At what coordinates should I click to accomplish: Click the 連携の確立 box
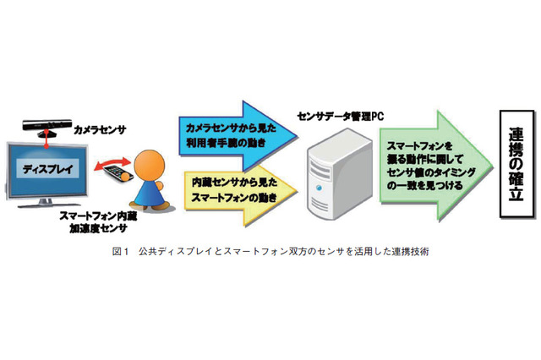[518, 164]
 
